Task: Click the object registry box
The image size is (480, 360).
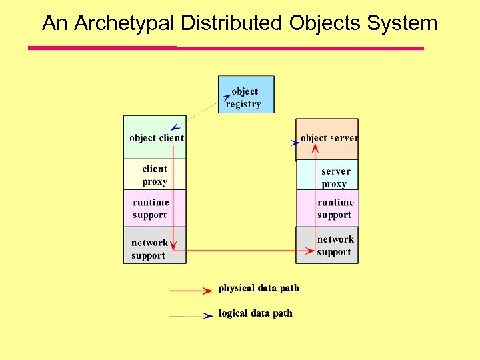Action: [246, 95]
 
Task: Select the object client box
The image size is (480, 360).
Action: [155, 137]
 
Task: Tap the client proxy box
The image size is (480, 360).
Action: [155, 175]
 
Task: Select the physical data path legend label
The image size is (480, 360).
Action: [259, 288]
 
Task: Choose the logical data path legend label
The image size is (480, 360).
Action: [255, 313]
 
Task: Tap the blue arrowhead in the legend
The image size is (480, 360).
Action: [207, 316]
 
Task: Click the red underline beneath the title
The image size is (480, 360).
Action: [225, 48]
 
